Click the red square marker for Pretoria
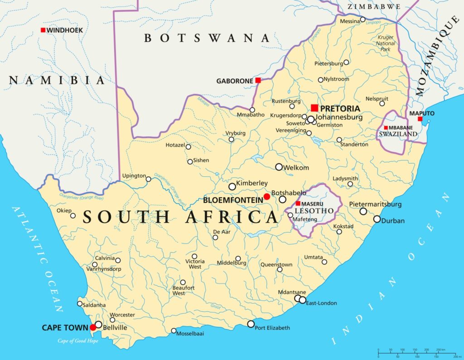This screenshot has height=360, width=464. pyautogui.click(x=314, y=108)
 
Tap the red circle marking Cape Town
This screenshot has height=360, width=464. pyautogui.click(x=93, y=327)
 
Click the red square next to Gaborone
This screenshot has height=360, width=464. pyautogui.click(x=258, y=80)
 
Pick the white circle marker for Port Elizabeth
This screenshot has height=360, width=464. pyautogui.click(x=251, y=324)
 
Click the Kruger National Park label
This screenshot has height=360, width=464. pyautogui.click(x=386, y=44)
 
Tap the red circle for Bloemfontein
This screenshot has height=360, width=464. pyautogui.click(x=267, y=196)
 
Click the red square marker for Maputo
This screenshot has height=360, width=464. pyautogui.click(x=420, y=119)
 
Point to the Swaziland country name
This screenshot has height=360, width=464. pyautogui.click(x=393, y=135)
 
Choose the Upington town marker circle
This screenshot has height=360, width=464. pyautogui.click(x=148, y=179)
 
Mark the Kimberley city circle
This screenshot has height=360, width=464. pyautogui.click(x=232, y=186)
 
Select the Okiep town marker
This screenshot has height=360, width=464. pyautogui.click(x=73, y=215)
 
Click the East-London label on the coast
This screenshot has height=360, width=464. pyautogui.click(x=321, y=303)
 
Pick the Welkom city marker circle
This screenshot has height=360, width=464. pyautogui.click(x=279, y=167)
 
